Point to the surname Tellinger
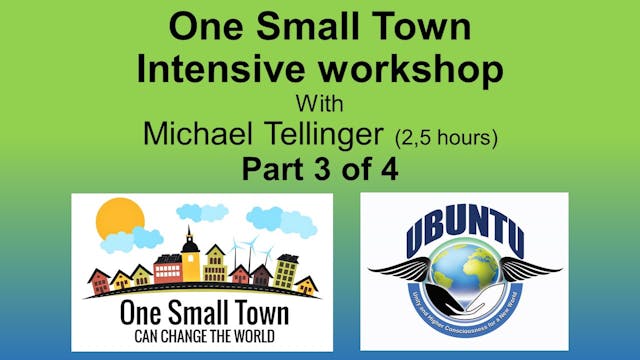(332, 133)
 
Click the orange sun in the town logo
(121, 218)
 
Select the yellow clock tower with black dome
(190, 256)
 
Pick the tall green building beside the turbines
(287, 268)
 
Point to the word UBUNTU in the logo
(463, 241)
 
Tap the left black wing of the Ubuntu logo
(400, 270)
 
